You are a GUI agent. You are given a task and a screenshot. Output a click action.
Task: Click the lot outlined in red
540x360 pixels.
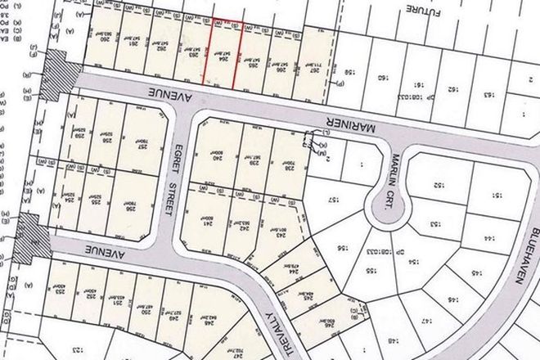point(227,50)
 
